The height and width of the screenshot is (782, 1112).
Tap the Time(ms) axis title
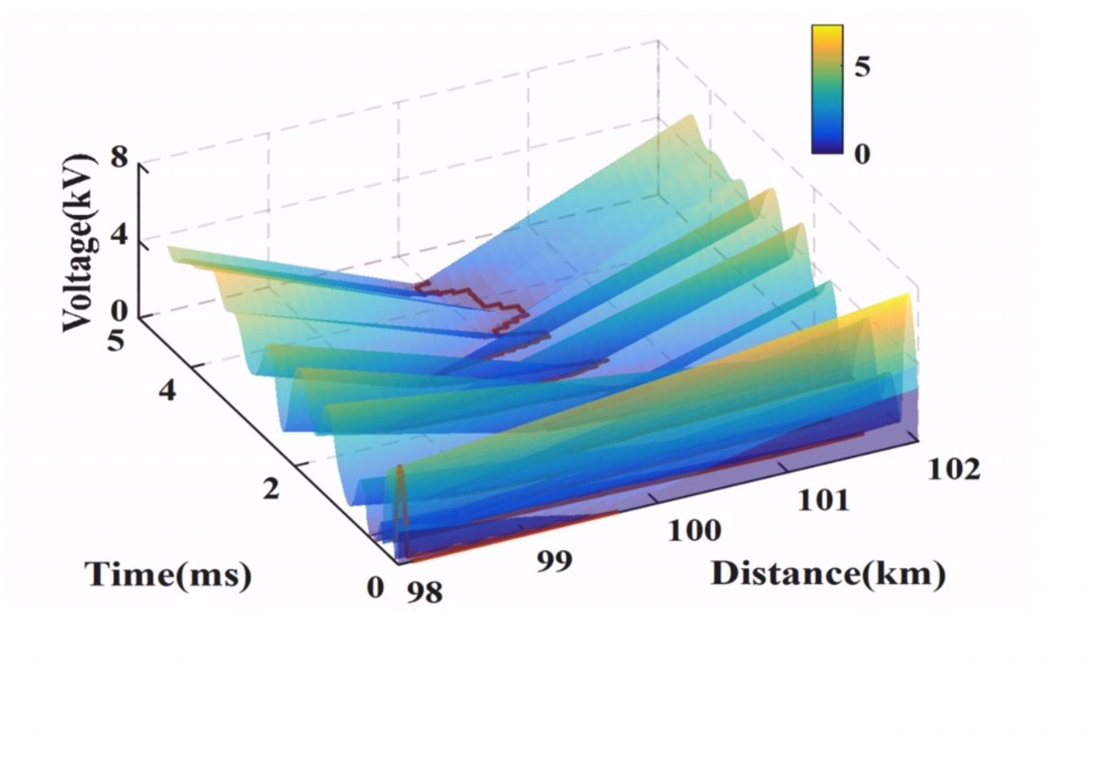coord(168,574)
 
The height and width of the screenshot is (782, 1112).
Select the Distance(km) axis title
coord(828,573)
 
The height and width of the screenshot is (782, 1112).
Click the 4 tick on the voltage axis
coord(120,236)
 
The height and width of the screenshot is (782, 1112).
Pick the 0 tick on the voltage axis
coord(120,313)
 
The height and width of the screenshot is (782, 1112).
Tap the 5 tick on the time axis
coord(115,340)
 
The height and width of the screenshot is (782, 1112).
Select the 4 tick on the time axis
coord(167,390)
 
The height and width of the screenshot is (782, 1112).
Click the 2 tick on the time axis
coord(272,489)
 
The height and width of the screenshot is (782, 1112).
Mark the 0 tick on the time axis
coord(375,587)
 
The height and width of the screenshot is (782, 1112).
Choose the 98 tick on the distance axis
coord(425,592)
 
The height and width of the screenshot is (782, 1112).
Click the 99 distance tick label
coord(554,561)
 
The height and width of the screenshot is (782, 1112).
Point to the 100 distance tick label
coord(694,531)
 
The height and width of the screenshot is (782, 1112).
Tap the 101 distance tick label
coord(824,500)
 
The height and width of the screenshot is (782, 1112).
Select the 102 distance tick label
coord(954,469)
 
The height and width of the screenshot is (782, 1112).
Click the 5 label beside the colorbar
coord(862,67)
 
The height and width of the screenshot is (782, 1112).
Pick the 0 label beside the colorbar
coord(862,153)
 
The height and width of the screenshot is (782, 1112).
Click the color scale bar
coord(827,89)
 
